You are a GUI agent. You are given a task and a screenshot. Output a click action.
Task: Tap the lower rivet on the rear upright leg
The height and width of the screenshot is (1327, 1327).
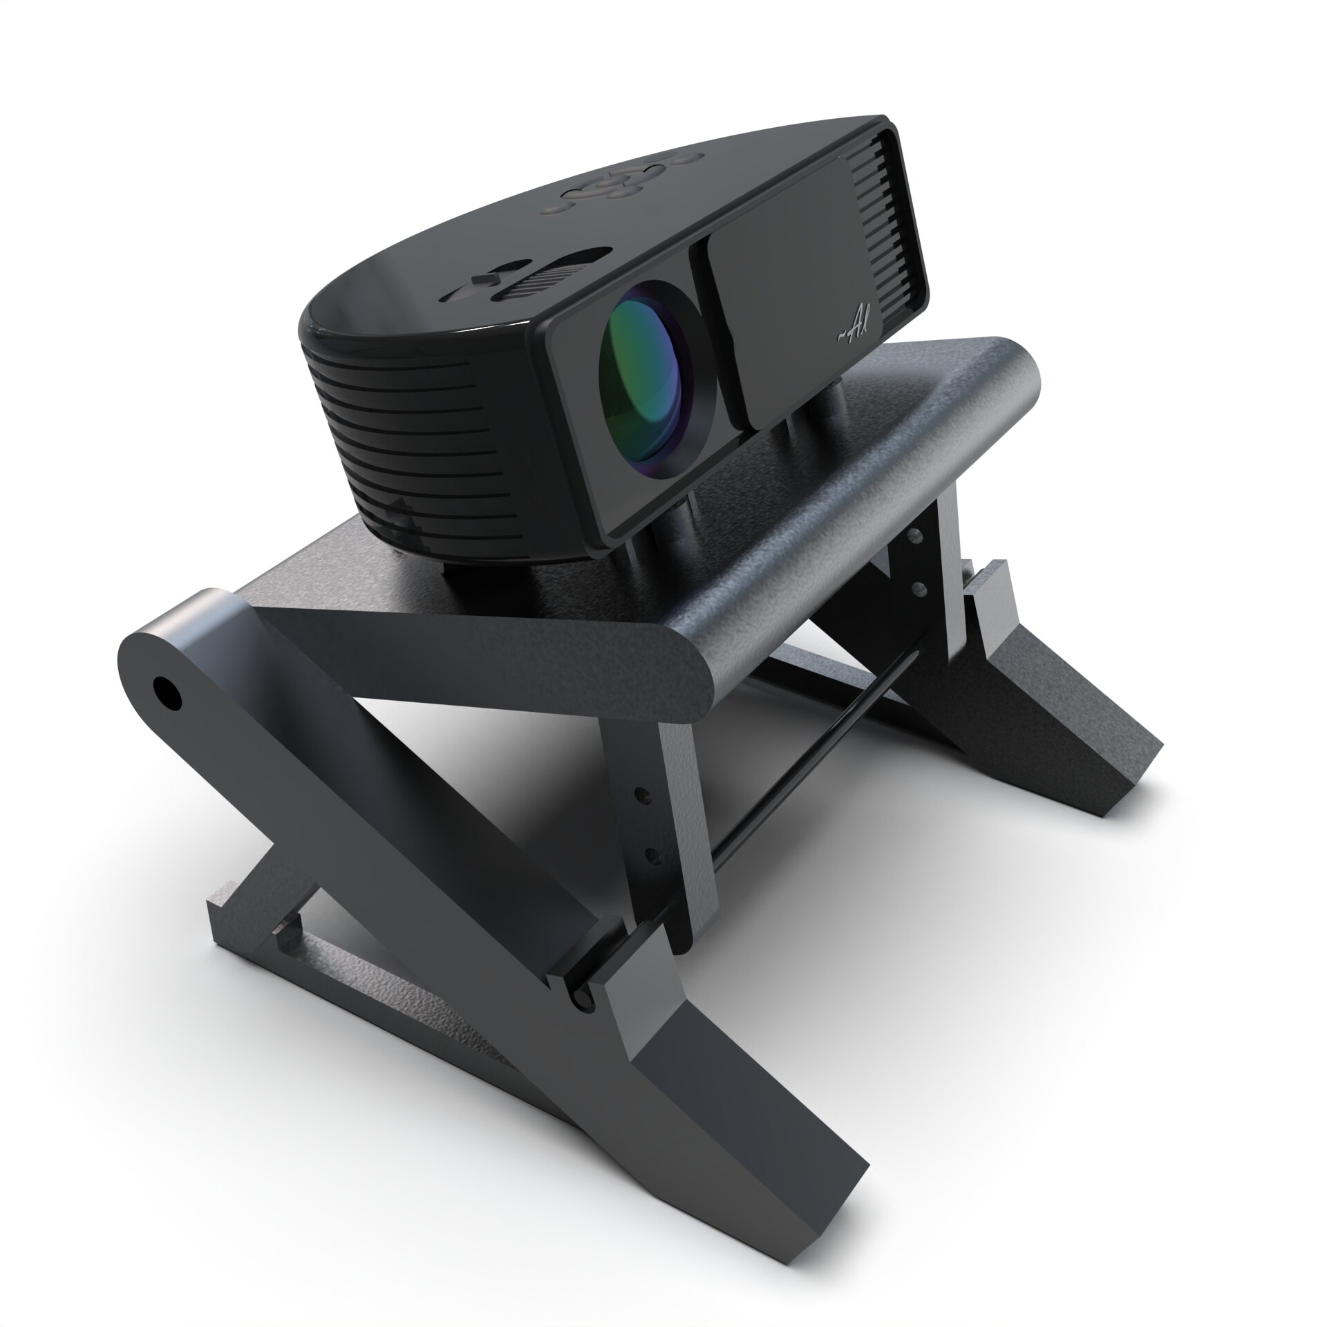(919, 587)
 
